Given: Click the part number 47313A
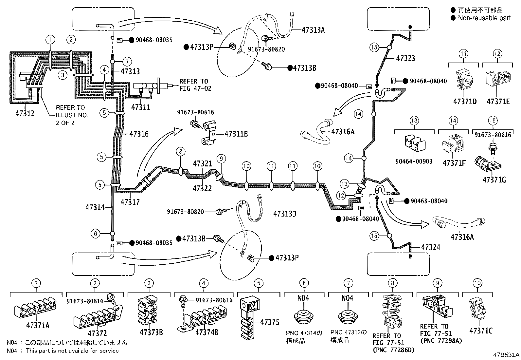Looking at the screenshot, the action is click(313, 30).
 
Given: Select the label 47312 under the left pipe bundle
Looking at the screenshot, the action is click(25, 113).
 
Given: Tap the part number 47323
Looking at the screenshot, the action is click(405, 58).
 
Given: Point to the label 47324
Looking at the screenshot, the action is click(431, 247).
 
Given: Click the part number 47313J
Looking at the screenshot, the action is click(284, 214).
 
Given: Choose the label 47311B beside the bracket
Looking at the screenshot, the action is click(236, 134).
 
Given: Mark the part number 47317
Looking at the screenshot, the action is click(130, 202).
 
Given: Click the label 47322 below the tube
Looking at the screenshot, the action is click(202, 188).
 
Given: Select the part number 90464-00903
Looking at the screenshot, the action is click(414, 161).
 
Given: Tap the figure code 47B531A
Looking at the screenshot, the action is click(506, 355).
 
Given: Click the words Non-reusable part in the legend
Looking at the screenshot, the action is click(484, 18).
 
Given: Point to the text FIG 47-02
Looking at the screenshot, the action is click(195, 88).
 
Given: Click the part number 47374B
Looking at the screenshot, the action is click(207, 332).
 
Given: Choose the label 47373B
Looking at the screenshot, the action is click(151, 332).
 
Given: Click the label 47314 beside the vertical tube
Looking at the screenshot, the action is click(95, 207).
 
